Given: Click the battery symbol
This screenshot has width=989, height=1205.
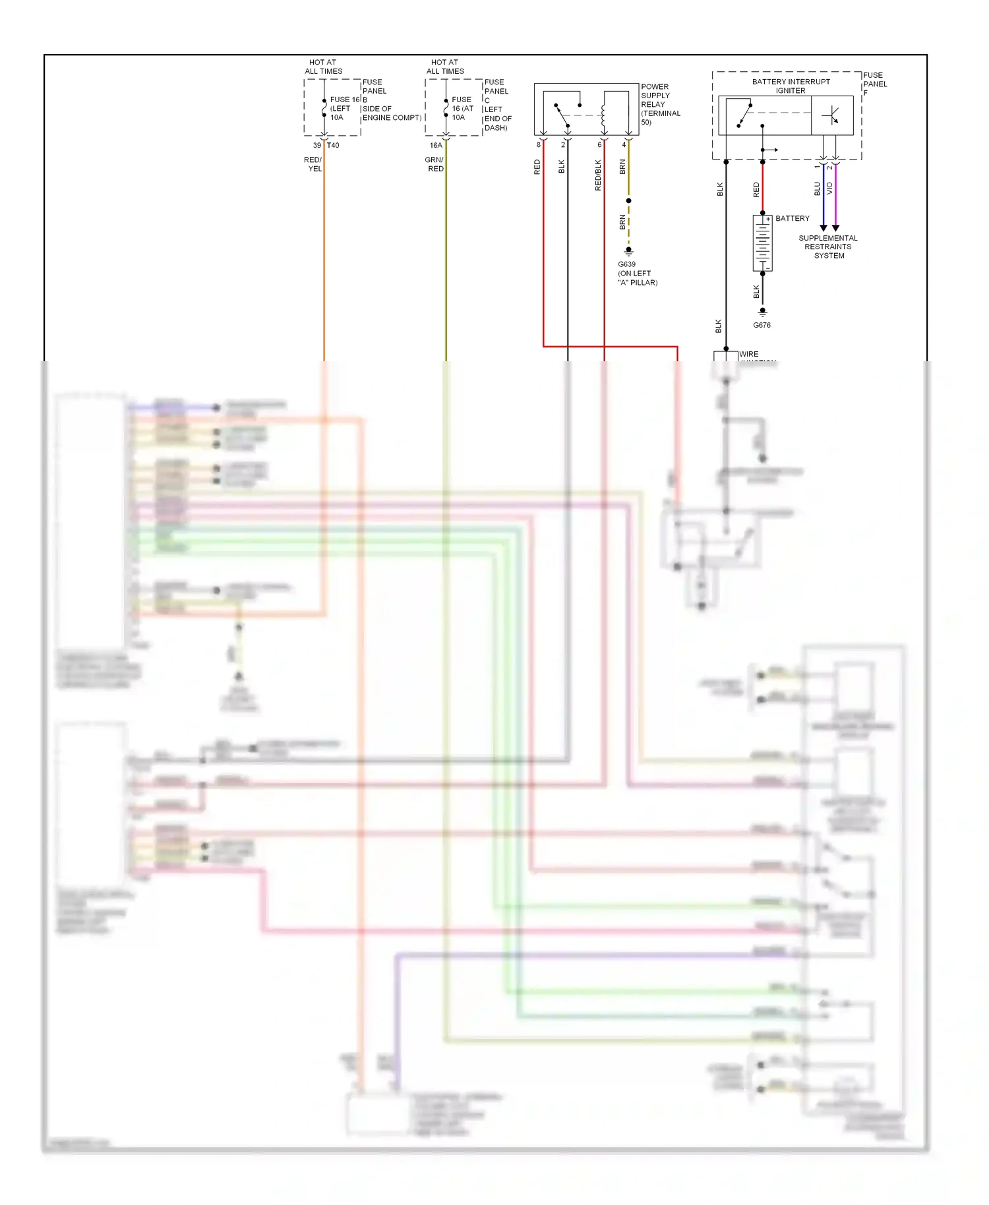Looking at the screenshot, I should (x=762, y=243).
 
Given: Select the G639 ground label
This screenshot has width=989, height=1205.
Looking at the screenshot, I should (x=626, y=264).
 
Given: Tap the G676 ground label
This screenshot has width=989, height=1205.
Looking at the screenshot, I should (x=762, y=325).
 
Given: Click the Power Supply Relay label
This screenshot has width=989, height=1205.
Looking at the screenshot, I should (x=659, y=104).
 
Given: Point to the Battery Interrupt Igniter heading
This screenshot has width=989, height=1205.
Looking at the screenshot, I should (x=791, y=86).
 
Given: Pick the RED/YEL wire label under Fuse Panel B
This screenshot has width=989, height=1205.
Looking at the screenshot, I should (x=313, y=164).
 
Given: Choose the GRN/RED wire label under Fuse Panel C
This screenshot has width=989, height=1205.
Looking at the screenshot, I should (x=435, y=164).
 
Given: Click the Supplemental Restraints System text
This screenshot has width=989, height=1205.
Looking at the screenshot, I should (x=828, y=247).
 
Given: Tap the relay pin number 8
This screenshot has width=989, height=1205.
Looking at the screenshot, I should (x=539, y=145).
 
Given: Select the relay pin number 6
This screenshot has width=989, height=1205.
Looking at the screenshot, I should (x=599, y=145).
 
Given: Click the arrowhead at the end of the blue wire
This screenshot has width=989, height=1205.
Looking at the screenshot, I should (x=823, y=227).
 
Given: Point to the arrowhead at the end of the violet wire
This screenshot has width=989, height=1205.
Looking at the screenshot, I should (x=835, y=227).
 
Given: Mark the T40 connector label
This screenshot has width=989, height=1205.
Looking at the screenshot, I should (x=333, y=146).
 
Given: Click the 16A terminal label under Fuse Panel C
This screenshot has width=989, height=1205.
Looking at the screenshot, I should (x=436, y=146).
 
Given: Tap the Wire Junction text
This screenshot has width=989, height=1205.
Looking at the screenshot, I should (x=749, y=355).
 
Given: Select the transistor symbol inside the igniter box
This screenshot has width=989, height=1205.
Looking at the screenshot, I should (x=831, y=115).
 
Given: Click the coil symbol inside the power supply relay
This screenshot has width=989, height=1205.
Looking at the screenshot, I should (x=603, y=115).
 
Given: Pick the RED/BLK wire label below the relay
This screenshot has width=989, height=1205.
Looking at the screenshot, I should (x=598, y=175).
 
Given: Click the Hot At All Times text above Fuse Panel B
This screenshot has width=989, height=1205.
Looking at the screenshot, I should (x=323, y=67).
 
